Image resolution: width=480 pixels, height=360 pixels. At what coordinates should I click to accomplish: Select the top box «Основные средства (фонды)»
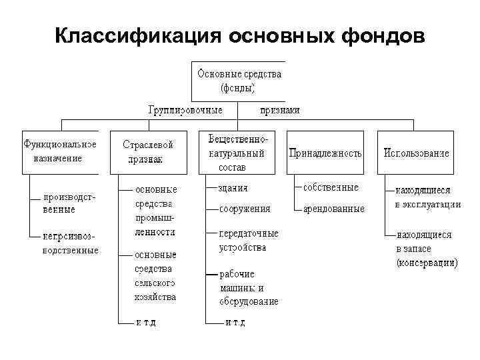point(238,80)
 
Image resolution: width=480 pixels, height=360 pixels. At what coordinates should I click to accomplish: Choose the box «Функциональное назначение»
point(60,151)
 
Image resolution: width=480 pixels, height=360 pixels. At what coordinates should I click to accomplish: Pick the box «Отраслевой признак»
point(148,152)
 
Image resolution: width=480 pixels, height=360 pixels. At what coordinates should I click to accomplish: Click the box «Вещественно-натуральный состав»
point(237,152)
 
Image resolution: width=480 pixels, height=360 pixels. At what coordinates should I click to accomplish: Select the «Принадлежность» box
point(325,153)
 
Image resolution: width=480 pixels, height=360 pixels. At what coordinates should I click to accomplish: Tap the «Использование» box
point(416,153)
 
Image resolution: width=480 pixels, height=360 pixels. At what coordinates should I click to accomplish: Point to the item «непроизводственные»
point(70,243)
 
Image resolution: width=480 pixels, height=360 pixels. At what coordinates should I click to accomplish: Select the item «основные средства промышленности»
point(155,211)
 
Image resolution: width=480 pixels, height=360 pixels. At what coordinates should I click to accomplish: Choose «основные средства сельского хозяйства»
point(155,275)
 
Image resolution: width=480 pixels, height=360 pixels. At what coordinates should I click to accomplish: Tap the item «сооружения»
point(245,209)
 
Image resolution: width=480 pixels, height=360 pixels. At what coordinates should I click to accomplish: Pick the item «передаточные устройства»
point(249,240)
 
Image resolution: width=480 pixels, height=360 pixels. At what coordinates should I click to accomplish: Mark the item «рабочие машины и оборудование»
point(249,287)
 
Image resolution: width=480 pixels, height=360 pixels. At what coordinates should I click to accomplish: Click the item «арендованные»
point(334,209)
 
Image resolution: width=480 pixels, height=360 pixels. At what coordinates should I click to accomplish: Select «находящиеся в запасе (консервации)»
point(427,249)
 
